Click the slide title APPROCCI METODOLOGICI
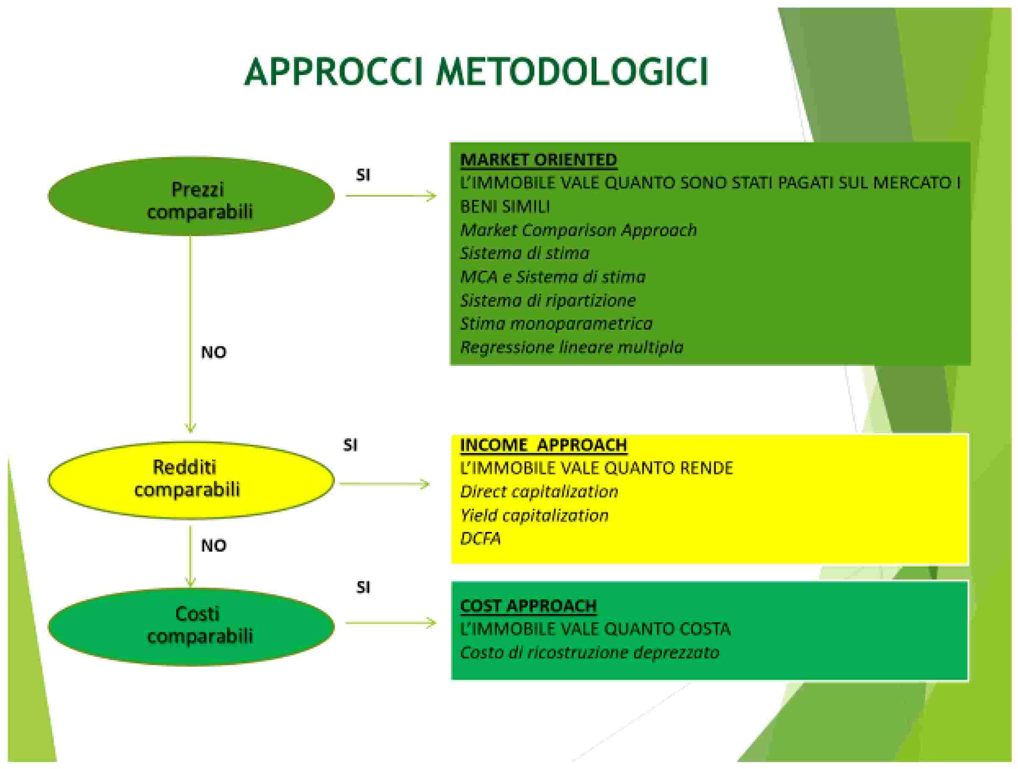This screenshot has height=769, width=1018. point(476,73)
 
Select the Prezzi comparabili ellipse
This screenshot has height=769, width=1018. point(192,197)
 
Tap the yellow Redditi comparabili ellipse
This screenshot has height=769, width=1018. point(192,481)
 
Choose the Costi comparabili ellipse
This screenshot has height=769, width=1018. point(192,626)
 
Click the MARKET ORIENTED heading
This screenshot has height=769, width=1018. point(538,160)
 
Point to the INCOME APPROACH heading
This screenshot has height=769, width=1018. point(543,445)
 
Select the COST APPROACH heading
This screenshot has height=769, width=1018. point(528,606)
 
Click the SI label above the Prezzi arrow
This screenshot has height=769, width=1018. point(363,175)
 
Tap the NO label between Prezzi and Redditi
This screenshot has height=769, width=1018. point(214,352)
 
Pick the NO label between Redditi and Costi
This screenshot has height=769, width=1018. point(214,545)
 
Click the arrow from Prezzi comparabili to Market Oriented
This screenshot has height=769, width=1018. point(391,196)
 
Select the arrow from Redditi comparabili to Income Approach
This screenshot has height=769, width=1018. point(385,484)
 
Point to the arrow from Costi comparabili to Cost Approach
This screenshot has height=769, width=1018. point(391,623)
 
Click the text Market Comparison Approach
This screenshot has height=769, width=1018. point(579,230)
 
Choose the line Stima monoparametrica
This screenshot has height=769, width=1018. point(556,324)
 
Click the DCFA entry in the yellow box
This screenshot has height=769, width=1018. point(481,539)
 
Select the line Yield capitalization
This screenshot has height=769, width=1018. point(534,515)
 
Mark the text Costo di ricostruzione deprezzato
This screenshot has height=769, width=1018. point(590,652)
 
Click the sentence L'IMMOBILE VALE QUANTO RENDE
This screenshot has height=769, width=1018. point(596,468)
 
